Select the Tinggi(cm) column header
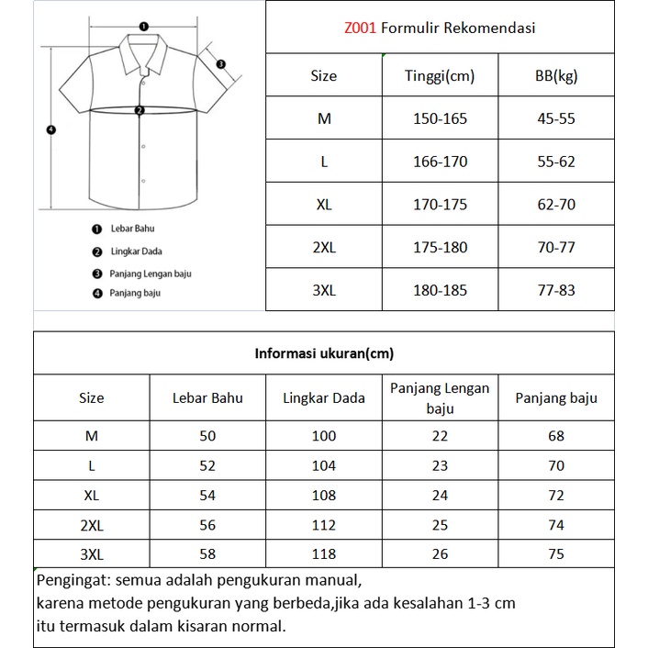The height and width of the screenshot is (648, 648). pos(440,76)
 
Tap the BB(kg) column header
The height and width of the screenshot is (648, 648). pos(556,76)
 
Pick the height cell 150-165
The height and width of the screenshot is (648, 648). pos(440,118)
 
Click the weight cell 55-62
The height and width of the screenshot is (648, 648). pos(556,162)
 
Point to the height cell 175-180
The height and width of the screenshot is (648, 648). pos(440,248)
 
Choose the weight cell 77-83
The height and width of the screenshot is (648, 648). pos(556,290)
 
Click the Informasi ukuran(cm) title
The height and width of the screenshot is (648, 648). pos(324,352)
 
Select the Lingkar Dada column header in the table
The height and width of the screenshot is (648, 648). pos(324,397)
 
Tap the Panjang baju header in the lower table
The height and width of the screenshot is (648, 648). pos(556,397)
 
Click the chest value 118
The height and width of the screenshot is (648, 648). pos(324,553)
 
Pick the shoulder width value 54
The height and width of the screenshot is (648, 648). pos(207,495)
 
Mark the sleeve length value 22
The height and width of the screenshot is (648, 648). pos(440,436)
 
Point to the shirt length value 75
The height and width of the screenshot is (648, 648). pos(556,553)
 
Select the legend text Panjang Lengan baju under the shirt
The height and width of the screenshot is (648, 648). pos(150,273)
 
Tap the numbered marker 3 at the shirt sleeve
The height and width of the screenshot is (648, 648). pos(222,63)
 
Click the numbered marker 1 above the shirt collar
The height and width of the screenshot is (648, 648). pos(142,27)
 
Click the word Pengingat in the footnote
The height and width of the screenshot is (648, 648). pos(73,581)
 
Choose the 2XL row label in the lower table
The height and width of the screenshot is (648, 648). pos(92,524)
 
